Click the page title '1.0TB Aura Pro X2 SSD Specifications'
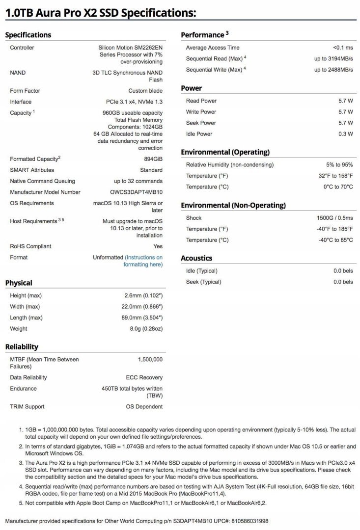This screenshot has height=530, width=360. click(101, 13)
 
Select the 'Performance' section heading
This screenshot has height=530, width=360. click(202, 35)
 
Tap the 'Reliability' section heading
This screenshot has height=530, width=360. click(22, 347)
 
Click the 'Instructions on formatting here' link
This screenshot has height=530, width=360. click(143, 261)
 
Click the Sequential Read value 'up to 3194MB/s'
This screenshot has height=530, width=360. click(333, 59)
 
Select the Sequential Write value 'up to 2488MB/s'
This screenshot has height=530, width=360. click(333, 70)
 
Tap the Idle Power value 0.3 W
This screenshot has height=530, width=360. click(345, 134)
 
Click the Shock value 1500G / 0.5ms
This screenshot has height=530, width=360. click(334, 218)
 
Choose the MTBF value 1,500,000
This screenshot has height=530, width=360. click(150, 360)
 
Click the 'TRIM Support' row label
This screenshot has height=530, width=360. click(27, 406)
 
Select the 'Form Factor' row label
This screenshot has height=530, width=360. click(25, 91)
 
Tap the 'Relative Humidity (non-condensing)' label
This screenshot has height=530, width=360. click(230, 165)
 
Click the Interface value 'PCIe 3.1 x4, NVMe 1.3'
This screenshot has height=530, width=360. click(131, 102)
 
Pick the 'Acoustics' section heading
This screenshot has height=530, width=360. click(196, 258)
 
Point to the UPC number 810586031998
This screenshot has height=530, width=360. click(249, 521)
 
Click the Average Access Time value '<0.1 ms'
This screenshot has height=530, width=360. click(343, 48)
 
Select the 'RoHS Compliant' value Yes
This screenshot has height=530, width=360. click(158, 246)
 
